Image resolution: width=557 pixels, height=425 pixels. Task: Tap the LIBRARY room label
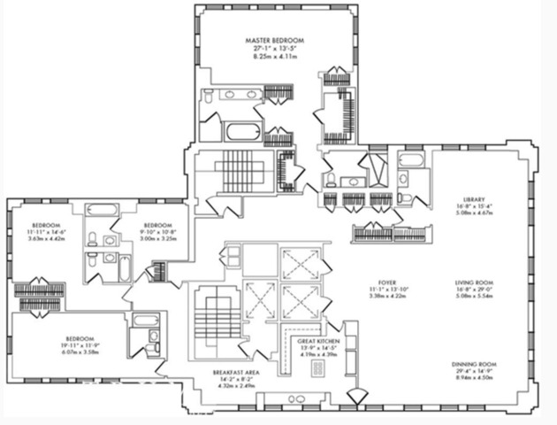[x=475, y=200]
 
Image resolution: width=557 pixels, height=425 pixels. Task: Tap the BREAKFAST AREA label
[x=234, y=372]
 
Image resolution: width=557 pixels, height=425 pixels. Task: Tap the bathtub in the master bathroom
[x=241, y=132]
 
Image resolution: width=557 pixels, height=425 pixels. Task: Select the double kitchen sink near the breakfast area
[x=296, y=400]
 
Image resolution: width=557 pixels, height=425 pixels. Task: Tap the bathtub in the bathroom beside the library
[x=411, y=159]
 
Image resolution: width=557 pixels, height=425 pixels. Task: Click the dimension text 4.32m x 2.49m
[x=234, y=386]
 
